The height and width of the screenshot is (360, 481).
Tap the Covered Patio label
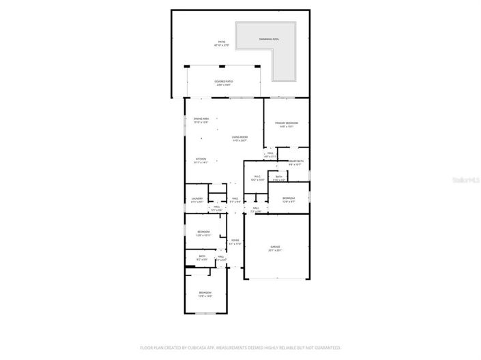pyautogui.click(x=223, y=83)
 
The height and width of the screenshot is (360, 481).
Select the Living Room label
pyautogui.click(x=239, y=138)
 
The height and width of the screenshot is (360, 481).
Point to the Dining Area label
pyautogui.click(x=201, y=120)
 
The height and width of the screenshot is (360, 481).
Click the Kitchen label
pyautogui.click(x=201, y=161)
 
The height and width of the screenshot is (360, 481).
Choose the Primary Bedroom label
pyautogui.click(x=287, y=124)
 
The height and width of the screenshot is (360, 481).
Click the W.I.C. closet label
pyautogui.click(x=257, y=178)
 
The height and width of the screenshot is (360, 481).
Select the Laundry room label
pyautogui.click(x=196, y=200)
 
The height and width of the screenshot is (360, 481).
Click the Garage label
pyautogui.click(x=276, y=248)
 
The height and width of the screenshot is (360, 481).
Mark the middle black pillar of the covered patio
pyautogui.click(x=222, y=66)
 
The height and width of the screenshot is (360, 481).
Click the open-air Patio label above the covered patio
pyautogui.click(x=222, y=43)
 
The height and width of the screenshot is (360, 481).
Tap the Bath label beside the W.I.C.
pyautogui.click(x=279, y=177)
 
